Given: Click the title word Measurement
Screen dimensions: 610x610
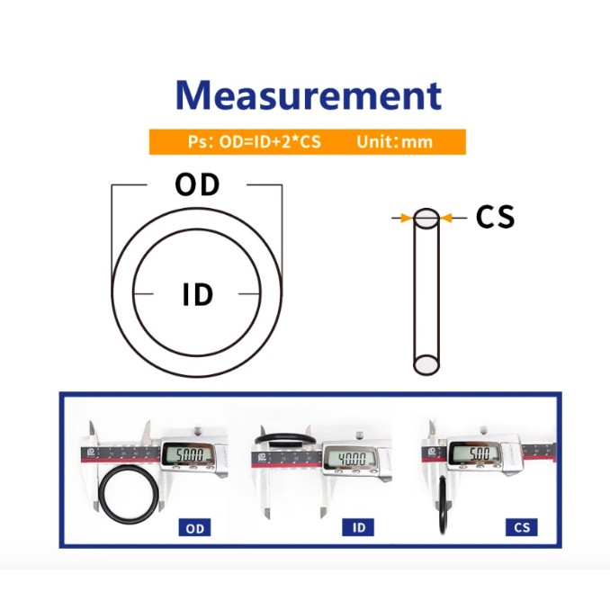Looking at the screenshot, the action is [309, 95].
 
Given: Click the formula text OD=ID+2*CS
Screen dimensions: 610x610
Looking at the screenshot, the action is [270, 141].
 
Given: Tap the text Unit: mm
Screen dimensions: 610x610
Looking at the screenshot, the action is [394, 141].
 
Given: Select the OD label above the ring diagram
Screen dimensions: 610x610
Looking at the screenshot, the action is [197, 184].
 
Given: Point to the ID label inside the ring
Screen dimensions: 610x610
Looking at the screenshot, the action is [198, 294].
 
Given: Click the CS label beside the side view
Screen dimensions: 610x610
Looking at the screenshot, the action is [495, 216].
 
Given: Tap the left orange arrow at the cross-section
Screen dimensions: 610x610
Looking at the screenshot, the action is [406, 218].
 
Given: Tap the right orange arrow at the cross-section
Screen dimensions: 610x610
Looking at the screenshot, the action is [446, 218].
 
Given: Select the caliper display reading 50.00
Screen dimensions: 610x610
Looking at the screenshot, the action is [190, 454].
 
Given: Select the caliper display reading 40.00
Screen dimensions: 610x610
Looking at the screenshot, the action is [351, 458].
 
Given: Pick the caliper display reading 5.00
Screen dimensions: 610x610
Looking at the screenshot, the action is [474, 453].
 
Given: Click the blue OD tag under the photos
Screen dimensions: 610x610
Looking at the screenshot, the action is [194, 528].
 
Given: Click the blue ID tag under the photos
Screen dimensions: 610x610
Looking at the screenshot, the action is [358, 527].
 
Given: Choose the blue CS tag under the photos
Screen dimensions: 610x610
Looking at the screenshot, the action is [521, 527].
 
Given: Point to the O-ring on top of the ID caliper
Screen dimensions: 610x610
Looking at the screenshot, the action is [285, 435].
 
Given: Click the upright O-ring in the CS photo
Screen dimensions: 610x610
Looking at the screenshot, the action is [443, 506].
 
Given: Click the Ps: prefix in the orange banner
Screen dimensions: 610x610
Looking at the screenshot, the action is [201, 142].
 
